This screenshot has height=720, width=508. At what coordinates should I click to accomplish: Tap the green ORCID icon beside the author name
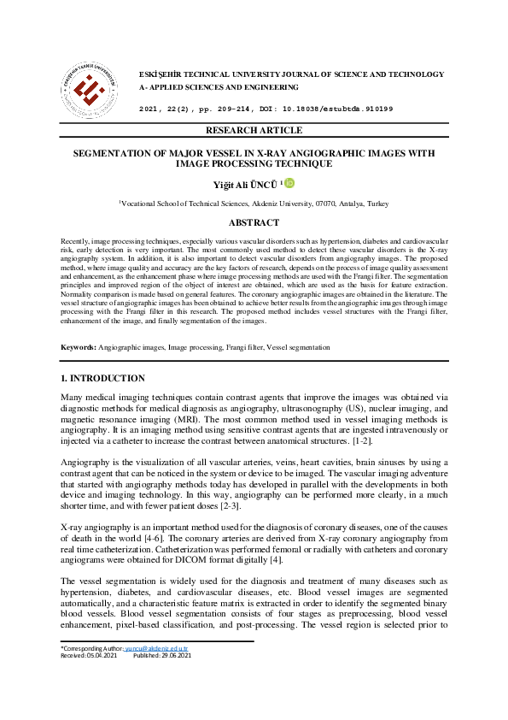coord(289,182)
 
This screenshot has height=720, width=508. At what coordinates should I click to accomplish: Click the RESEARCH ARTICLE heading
coord(254,130)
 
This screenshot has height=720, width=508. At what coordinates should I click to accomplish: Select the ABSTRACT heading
coord(254,222)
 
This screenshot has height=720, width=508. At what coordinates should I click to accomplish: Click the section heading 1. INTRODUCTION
coord(102,378)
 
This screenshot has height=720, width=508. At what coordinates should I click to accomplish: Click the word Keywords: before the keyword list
coord(79,348)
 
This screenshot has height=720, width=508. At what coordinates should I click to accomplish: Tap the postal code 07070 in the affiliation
coord(326,204)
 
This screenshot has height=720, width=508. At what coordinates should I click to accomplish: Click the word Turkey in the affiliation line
coord(377,204)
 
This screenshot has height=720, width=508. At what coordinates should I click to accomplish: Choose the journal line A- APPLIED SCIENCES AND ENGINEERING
coord(219,87)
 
